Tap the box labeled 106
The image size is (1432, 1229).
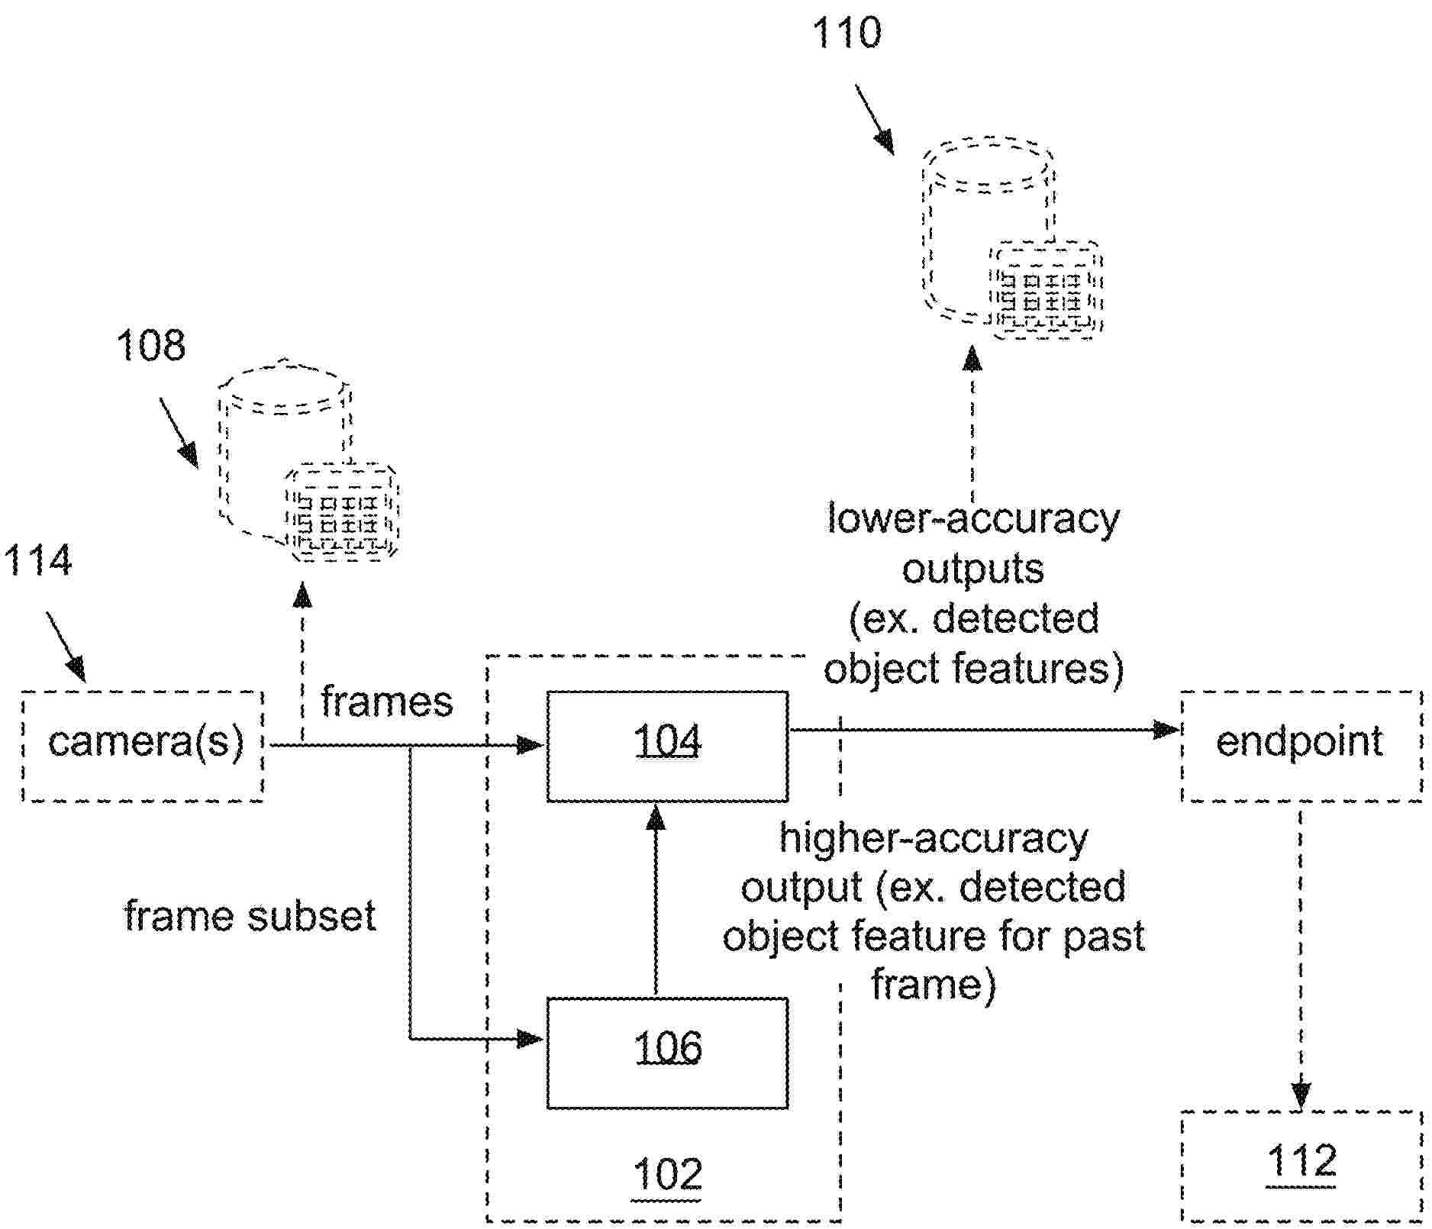[x=667, y=1053]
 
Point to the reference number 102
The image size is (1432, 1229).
[x=667, y=1174]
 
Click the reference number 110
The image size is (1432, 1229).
[x=846, y=34]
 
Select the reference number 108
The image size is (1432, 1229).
[x=150, y=345]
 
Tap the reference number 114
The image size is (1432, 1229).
[x=37, y=561]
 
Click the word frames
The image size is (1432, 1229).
[x=387, y=701]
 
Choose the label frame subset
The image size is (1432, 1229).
[x=250, y=914]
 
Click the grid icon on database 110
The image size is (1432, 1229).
[x=1046, y=290]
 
